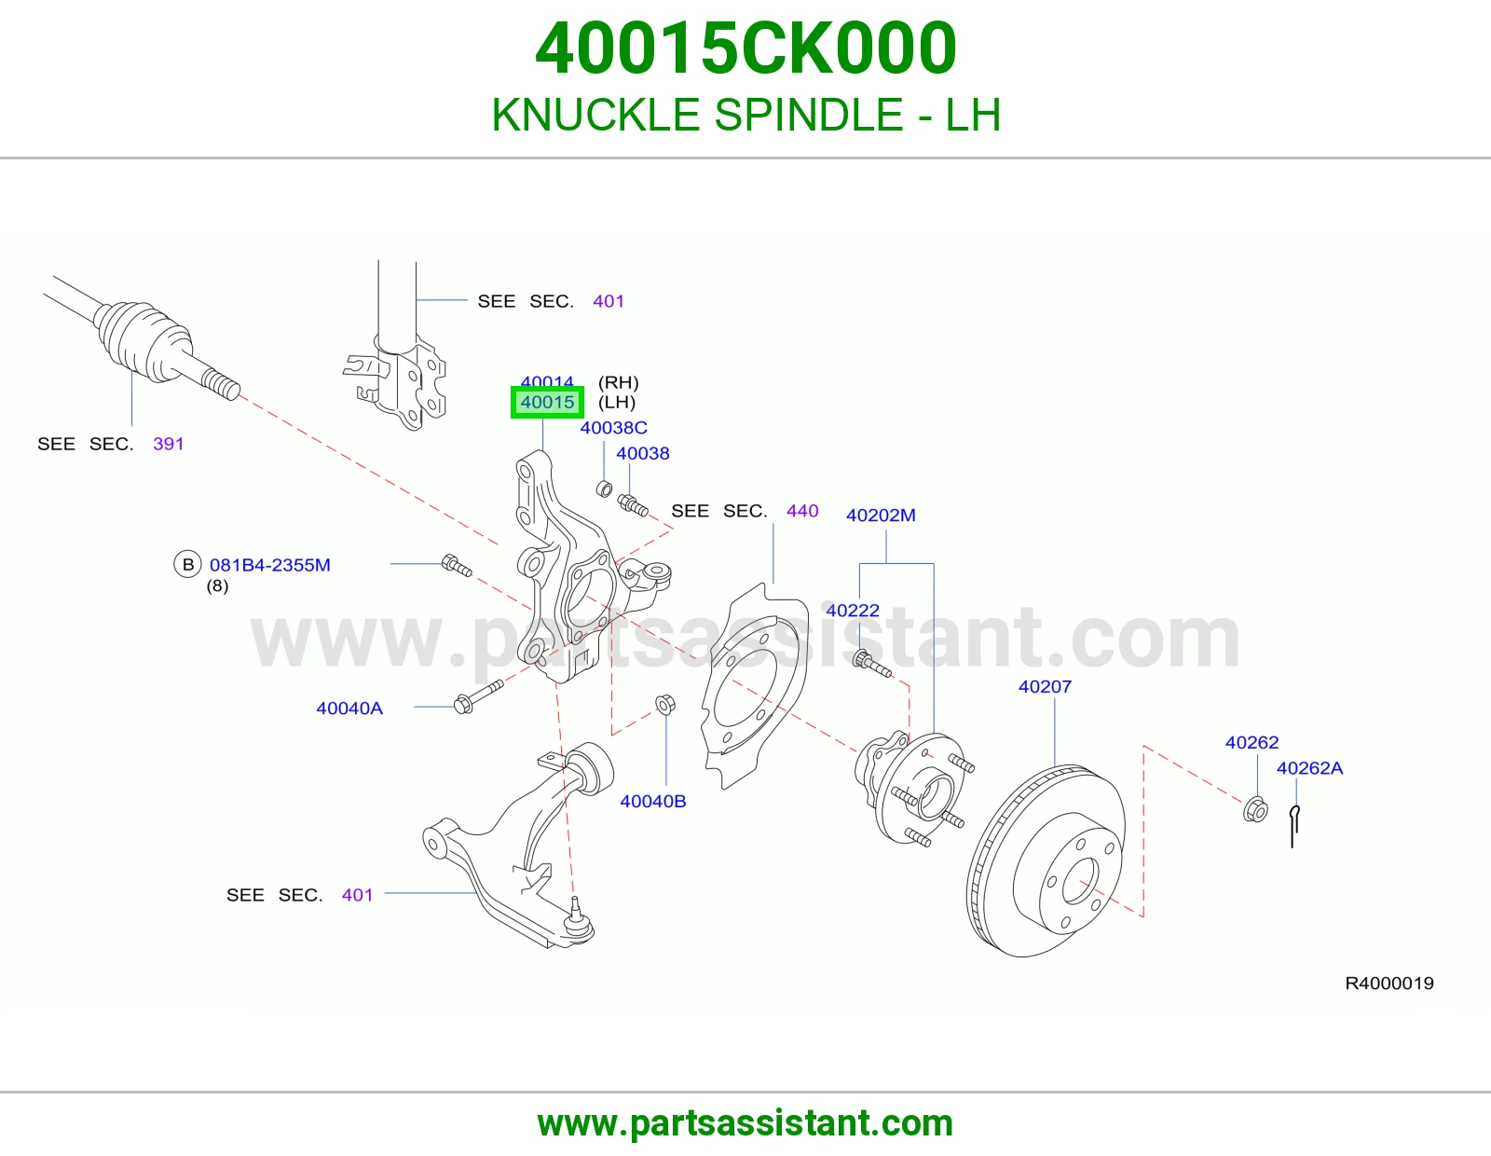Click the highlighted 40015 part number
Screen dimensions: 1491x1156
(x=547, y=402)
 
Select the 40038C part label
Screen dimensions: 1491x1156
(x=613, y=428)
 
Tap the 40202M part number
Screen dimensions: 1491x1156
(x=881, y=515)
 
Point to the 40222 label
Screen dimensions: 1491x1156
(x=852, y=611)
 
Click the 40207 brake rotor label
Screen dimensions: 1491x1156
(x=1045, y=686)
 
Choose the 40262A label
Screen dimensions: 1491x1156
(x=1309, y=768)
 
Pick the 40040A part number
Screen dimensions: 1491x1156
(x=349, y=709)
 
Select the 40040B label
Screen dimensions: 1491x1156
(x=652, y=801)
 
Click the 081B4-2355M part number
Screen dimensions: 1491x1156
(x=269, y=565)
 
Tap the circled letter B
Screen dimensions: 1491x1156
(x=187, y=564)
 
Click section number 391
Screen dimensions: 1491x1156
(x=168, y=444)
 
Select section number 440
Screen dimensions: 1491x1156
(x=802, y=511)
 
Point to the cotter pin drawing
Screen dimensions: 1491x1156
(x=1294, y=826)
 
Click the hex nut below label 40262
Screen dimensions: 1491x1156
(x=1255, y=809)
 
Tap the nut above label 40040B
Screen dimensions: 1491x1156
(x=664, y=704)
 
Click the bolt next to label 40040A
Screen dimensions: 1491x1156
(x=478, y=696)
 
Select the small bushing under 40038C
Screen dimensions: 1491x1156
(x=604, y=489)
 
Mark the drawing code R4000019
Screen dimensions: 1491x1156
(x=1388, y=984)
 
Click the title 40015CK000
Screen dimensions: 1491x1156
(x=745, y=48)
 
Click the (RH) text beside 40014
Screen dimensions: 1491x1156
(x=618, y=382)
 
